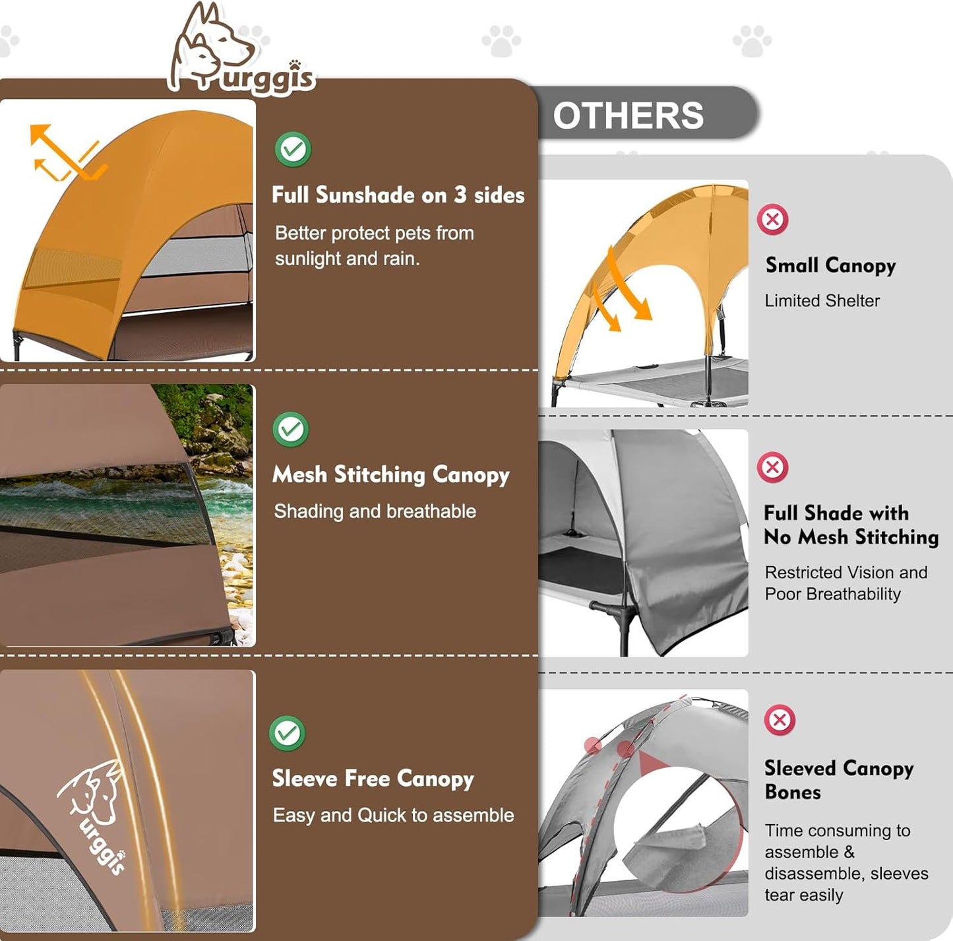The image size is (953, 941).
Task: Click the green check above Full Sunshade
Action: coord(293,148)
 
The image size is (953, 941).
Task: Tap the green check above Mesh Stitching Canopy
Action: coord(290,429)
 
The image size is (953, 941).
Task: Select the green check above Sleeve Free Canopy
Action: coord(287,732)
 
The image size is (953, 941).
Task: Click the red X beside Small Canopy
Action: coord(772,219)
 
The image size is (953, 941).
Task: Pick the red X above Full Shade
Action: coord(772,467)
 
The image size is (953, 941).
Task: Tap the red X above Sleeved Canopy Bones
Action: coord(780,719)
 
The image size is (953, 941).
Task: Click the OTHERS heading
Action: coord(628,116)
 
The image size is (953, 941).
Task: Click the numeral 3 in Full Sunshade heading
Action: coord(460,195)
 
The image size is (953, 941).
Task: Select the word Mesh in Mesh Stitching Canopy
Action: coord(299,474)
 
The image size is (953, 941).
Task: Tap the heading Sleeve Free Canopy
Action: coord(373,779)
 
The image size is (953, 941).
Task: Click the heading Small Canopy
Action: coord(831,266)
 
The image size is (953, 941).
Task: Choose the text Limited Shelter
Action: coord(822,300)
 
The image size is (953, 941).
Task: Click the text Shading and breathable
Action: coord(375,511)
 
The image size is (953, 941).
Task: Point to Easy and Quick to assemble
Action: coord(394,815)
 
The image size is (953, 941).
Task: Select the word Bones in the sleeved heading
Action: coord(793,793)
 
